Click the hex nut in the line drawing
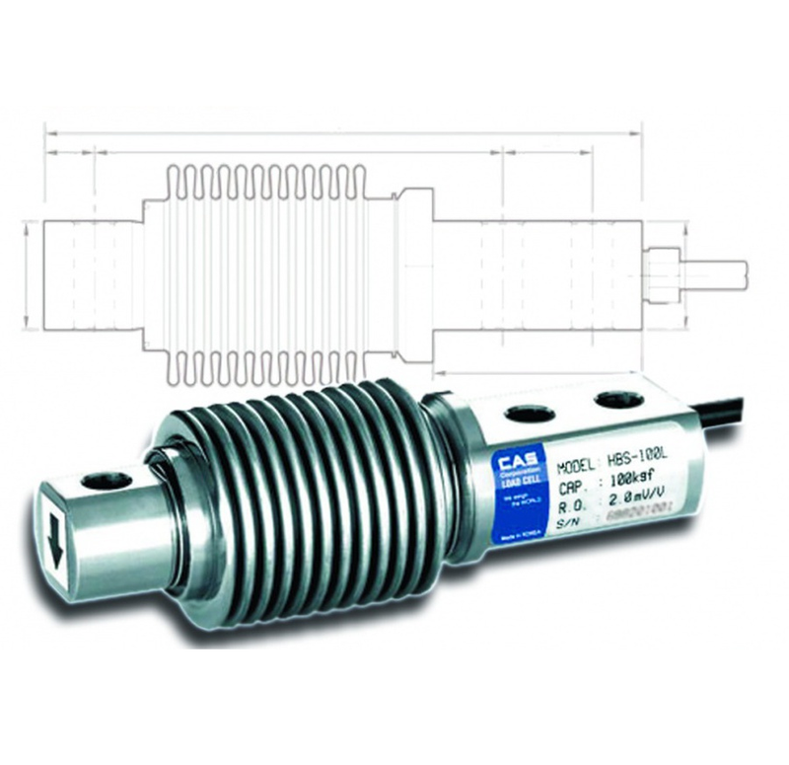pyautogui.click(x=658, y=268)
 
